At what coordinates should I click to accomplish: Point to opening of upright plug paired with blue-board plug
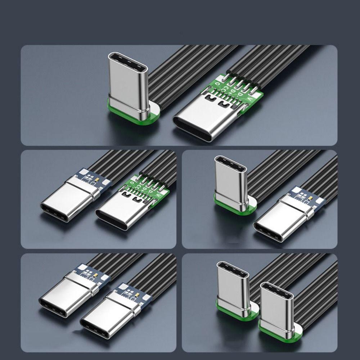[230, 163]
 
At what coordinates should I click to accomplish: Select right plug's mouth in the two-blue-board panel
[94, 328]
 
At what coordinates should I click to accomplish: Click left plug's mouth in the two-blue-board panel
[53, 306]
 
